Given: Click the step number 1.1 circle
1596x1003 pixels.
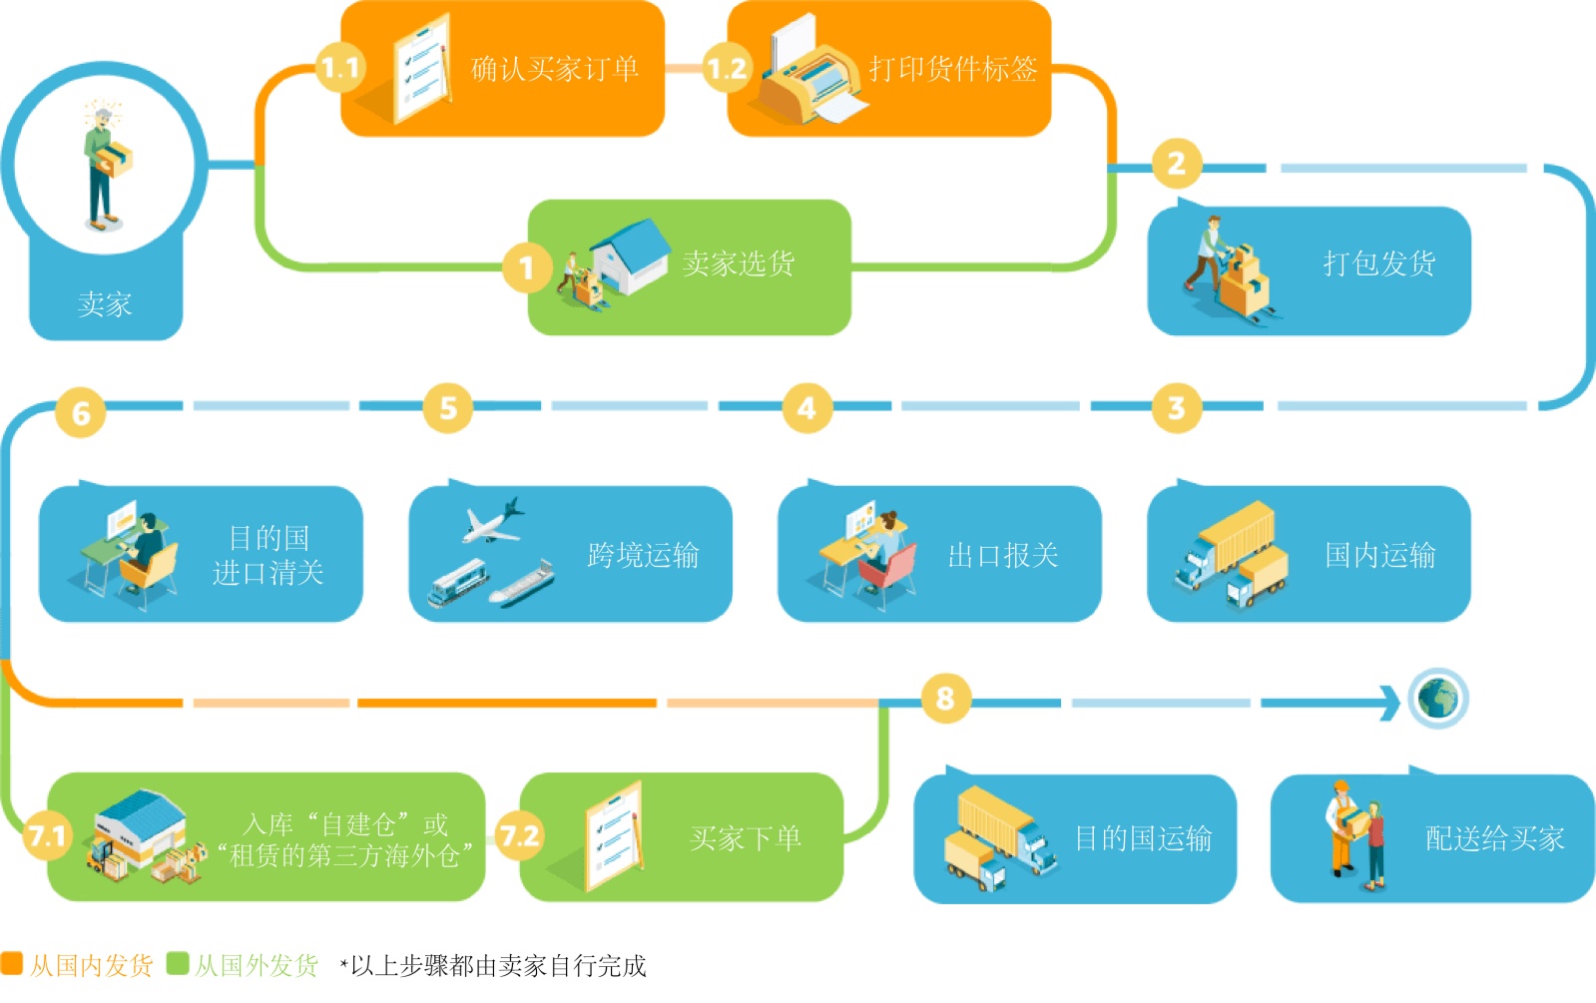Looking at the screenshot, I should (340, 68).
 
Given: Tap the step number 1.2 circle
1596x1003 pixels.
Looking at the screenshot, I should (727, 68).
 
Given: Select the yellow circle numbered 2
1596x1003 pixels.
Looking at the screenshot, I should (1177, 163).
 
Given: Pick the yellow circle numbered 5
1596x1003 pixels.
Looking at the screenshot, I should (448, 407).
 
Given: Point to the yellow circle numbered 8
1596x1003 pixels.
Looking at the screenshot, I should (944, 698).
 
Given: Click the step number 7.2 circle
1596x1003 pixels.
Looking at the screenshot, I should (519, 835).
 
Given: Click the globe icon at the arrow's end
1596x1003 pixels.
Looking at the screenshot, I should (1437, 698).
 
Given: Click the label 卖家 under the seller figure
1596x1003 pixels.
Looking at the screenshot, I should (105, 304).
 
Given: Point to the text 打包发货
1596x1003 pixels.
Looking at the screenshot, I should (1378, 263).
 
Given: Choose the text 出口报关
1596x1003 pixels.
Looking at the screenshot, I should (1002, 555).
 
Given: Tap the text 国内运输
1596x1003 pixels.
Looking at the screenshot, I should (1379, 555).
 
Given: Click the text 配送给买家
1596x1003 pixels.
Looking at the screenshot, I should (1493, 838).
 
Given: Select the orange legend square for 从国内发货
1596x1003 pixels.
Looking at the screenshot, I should (11, 963).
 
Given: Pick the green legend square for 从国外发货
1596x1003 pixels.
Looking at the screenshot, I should (178, 963).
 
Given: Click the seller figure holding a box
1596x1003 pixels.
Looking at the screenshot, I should (105, 165).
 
